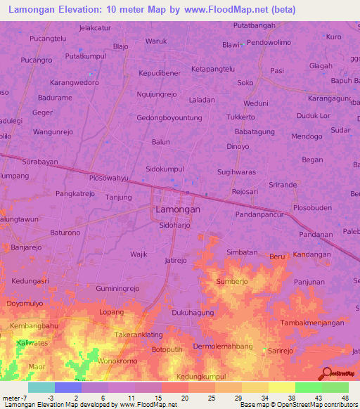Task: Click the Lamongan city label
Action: [177, 209]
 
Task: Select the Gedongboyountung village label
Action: [174, 118]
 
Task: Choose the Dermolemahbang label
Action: [223, 346]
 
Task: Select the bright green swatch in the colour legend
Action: [309, 387]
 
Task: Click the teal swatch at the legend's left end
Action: [41, 387]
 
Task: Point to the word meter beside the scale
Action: [11, 398]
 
